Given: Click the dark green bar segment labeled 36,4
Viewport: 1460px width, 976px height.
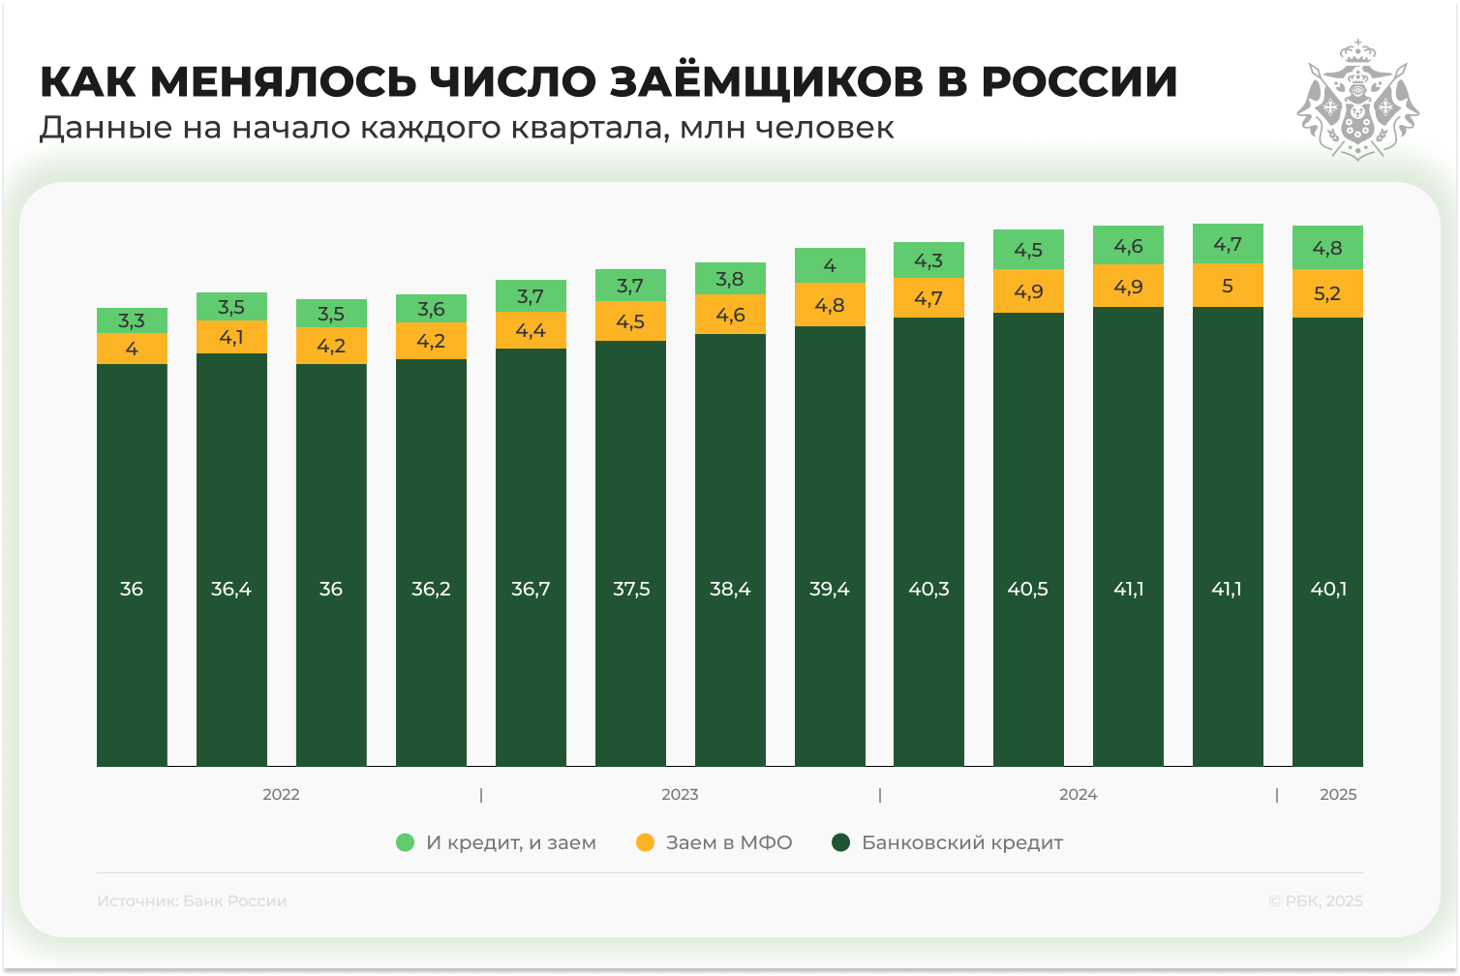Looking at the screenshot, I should point(231,560).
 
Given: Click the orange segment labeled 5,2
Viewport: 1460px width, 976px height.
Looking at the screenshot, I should point(1327,293).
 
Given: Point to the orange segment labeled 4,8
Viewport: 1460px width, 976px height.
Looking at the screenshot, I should point(830,305).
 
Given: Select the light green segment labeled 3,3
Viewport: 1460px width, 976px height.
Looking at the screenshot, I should point(132,320).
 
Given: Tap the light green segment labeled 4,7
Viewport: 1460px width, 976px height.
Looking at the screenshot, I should point(1228,244).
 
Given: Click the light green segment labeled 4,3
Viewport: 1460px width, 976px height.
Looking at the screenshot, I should point(928,260).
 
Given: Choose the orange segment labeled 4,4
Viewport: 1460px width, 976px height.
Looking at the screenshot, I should point(531,330).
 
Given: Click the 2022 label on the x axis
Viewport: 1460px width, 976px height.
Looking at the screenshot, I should point(281,795).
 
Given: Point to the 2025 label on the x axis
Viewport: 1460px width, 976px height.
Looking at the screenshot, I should point(1338,795).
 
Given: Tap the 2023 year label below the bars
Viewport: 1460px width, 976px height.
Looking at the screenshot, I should point(680,795).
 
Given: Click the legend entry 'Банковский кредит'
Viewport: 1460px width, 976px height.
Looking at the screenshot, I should point(961,842).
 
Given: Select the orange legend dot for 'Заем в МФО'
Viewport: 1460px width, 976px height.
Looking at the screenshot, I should point(645,842).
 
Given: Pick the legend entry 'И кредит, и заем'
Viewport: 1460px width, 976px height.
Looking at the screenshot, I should point(510,842).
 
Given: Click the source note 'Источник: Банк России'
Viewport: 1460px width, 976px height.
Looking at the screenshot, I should point(192,900).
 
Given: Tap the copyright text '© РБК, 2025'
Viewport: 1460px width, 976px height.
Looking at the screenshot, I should point(1315,900).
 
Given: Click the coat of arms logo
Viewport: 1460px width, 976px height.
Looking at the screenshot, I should point(1357,100).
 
